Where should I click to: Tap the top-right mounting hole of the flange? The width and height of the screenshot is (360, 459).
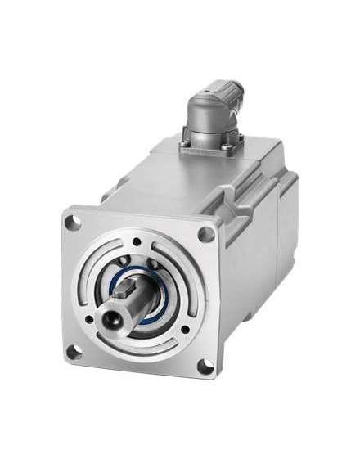pyautogui.click(x=207, y=234)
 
